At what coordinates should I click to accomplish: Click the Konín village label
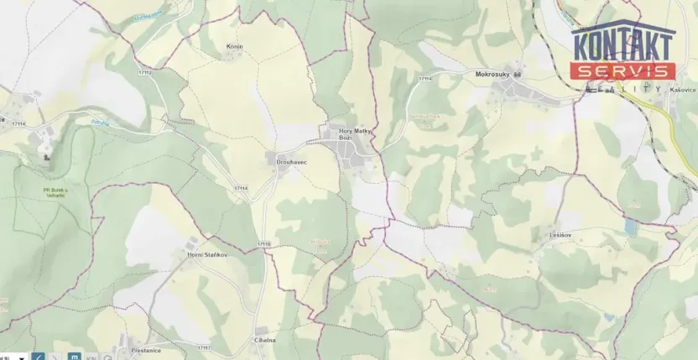(234, 47)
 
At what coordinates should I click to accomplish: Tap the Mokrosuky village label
(492, 74)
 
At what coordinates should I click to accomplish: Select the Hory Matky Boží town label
(354, 134)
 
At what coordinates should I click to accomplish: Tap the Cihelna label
(265, 340)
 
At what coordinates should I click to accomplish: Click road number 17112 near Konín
(145, 73)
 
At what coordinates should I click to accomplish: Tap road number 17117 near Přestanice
(204, 347)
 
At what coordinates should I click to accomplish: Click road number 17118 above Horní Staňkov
(263, 243)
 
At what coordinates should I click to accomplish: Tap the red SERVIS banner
(622, 72)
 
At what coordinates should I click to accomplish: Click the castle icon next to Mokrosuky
(518, 75)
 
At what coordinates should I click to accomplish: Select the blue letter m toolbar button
(74, 356)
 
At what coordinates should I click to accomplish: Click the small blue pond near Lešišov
(630, 227)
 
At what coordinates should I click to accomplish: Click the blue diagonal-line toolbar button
(39, 356)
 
